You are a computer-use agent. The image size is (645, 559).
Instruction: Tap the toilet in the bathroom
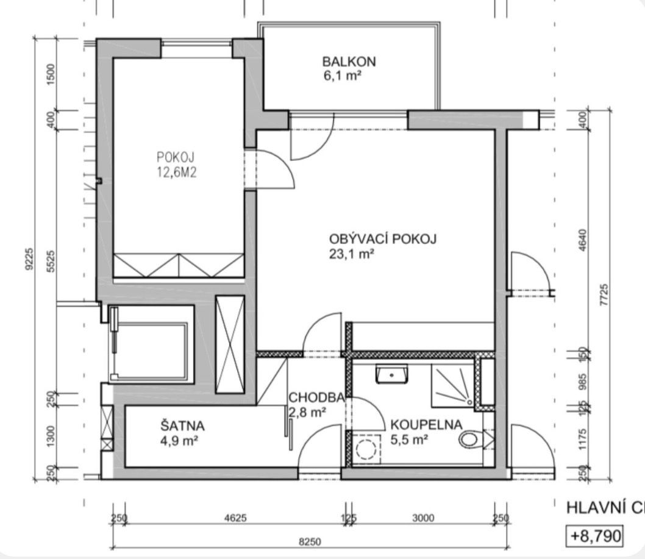473,439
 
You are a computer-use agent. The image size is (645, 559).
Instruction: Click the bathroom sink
391,374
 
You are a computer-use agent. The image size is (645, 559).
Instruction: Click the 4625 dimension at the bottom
235,519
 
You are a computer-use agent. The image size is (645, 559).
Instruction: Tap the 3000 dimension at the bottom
423,519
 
